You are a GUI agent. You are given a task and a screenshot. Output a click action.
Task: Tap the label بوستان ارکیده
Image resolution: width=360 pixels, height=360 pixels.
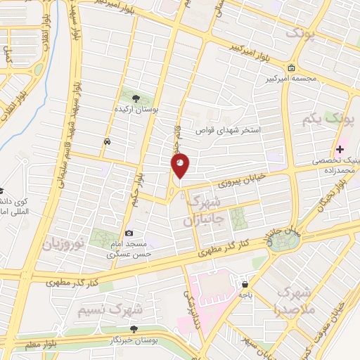pyautogui.click(x=136, y=110)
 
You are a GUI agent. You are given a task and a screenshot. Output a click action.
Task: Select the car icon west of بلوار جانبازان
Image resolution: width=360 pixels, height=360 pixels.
pyautogui.click(x=106, y=142)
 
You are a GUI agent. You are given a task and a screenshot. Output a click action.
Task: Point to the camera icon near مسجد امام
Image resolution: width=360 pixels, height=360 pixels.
pyautogui.click(x=129, y=233)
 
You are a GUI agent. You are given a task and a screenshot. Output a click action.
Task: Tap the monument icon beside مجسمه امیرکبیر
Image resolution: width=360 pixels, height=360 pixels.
pyautogui.click(x=291, y=68)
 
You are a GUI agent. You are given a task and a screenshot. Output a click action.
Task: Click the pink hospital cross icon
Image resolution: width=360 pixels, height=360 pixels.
pyautogui.click(x=340, y=149)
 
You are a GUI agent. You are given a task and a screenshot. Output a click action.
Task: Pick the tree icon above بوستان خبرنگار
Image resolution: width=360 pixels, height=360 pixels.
pyautogui.click(x=134, y=328)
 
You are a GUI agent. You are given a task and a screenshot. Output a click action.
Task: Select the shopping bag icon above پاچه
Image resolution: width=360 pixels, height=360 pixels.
pyautogui.click(x=244, y=285)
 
